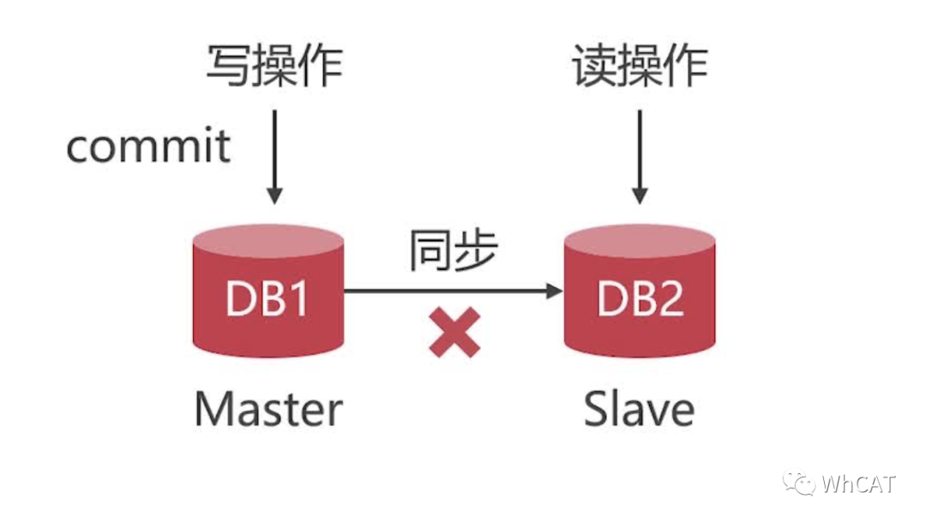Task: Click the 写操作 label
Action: pos(274,66)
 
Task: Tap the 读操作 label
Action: pos(640,66)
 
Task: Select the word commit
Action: pos(148,147)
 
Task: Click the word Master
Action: pos(268,409)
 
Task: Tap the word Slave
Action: pos(640,409)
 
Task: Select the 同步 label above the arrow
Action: pos(452,251)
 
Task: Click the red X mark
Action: pos(454,333)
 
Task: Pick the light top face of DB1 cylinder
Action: pos(268,241)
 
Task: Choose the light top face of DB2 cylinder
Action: pos(640,241)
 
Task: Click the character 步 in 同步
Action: pos(475,251)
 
